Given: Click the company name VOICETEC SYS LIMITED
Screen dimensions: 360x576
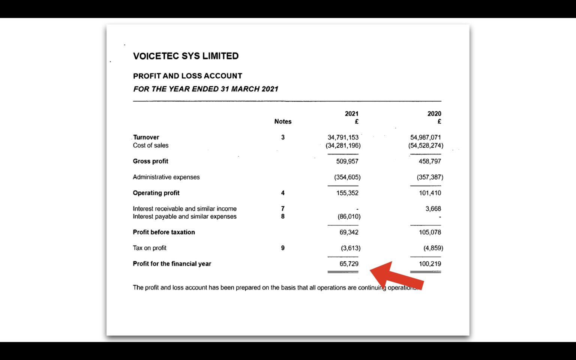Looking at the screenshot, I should tap(186, 56).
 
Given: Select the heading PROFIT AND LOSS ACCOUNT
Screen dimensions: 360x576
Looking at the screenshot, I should tap(187, 76).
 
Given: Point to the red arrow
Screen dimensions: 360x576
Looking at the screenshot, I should tap(396, 276).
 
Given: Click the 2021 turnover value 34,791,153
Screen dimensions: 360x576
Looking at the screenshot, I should tap(343, 137).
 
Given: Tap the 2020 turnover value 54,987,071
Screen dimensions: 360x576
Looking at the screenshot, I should tap(425, 137).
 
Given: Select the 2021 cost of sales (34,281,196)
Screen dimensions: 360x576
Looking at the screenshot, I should tap(343, 145).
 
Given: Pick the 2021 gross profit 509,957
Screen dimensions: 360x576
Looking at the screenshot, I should tap(347, 161).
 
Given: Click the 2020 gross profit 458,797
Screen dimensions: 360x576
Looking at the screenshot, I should tap(430, 161).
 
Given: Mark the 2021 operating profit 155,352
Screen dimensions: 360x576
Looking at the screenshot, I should tap(347, 193).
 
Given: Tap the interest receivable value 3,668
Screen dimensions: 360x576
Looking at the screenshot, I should tap(433, 208).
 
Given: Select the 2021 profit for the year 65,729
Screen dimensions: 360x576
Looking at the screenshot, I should tap(349, 264).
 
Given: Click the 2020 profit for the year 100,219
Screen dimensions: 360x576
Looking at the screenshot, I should tap(430, 264).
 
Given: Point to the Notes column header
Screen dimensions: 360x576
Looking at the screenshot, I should tap(283, 121).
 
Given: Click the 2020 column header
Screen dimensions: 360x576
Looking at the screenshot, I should tap(434, 114).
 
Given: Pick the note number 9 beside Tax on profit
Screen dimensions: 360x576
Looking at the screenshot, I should tap(283, 248).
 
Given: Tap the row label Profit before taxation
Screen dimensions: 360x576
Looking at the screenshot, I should tap(164, 232).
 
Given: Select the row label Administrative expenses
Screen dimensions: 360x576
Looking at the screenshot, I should tap(166, 177).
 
